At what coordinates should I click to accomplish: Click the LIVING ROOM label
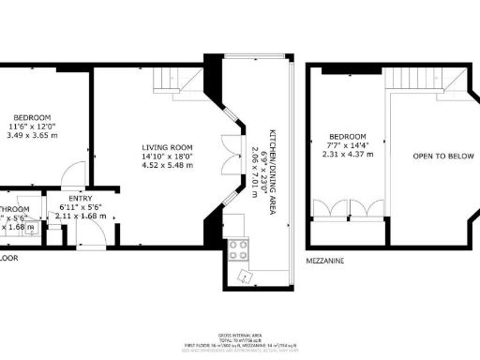click(x=167, y=147)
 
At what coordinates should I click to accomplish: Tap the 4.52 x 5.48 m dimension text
click(x=167, y=166)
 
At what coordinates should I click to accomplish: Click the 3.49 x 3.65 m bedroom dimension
click(x=27, y=135)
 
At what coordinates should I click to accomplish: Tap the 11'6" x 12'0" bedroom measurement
click(x=27, y=126)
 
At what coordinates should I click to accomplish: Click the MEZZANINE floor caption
click(x=328, y=259)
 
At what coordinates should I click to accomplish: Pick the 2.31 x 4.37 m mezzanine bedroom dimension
click(x=339, y=153)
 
